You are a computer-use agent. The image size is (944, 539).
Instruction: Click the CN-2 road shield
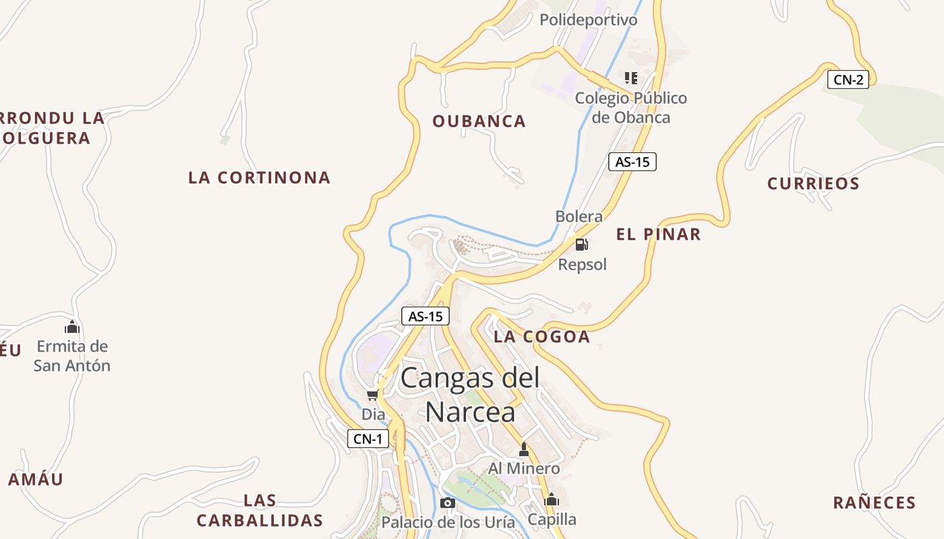[848, 80]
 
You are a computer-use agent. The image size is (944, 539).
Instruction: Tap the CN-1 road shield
[368, 439]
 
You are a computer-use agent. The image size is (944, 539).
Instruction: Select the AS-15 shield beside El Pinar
[632, 162]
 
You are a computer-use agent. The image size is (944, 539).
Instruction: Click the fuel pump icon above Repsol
[582, 244]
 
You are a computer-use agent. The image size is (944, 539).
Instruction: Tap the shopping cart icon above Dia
[372, 395]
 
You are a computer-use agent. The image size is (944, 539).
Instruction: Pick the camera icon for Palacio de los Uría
[447, 503]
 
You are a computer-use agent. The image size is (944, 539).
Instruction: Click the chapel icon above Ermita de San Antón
[72, 327]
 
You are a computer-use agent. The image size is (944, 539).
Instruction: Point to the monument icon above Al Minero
[524, 449]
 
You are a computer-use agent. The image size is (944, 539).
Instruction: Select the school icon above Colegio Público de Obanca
[630, 78]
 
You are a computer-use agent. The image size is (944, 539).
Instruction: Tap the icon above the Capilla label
[552, 500]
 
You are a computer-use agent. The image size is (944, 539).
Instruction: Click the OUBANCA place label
[479, 121]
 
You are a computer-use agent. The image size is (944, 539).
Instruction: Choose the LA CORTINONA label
[260, 178]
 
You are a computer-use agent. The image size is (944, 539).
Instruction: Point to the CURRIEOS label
[813, 183]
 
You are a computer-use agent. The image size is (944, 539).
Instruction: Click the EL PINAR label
[658, 234]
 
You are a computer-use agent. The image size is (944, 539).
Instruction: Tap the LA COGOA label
[541, 337]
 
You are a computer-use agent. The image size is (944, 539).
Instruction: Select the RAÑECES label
[875, 503]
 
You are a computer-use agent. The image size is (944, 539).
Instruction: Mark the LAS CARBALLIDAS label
[260, 511]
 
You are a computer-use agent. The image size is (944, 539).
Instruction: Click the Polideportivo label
[588, 20]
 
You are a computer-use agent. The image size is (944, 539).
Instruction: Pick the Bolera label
[579, 216]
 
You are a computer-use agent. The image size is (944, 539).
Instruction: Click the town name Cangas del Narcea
[471, 394]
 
